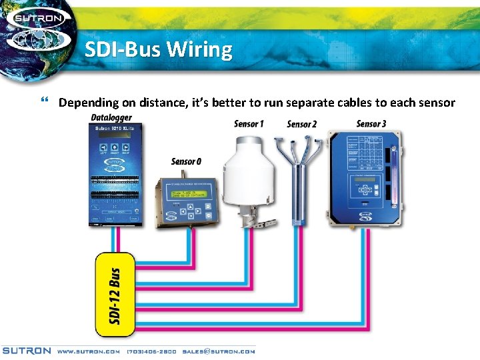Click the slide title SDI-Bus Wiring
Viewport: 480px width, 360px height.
pyautogui.click(x=159, y=50)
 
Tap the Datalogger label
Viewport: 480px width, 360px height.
pyautogui.click(x=111, y=118)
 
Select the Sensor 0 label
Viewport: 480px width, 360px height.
pyautogui.click(x=186, y=161)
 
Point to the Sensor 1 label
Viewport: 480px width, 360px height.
pyautogui.click(x=249, y=124)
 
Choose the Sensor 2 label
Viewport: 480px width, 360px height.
pyautogui.click(x=301, y=124)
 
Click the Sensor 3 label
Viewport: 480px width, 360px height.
pyautogui.click(x=371, y=124)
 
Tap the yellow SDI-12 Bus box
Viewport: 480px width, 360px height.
pyautogui.click(x=115, y=293)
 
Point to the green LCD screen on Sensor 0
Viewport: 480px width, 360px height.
pyautogui.click(x=186, y=194)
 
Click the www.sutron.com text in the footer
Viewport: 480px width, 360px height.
pyautogui.click(x=88, y=351)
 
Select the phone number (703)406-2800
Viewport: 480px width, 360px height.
pyautogui.click(x=151, y=351)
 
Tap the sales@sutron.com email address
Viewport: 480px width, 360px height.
pyautogui.click(x=219, y=351)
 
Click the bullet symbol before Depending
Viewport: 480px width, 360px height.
pyautogui.click(x=44, y=102)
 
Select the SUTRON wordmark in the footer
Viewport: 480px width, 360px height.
pyautogui.click(x=27, y=351)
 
